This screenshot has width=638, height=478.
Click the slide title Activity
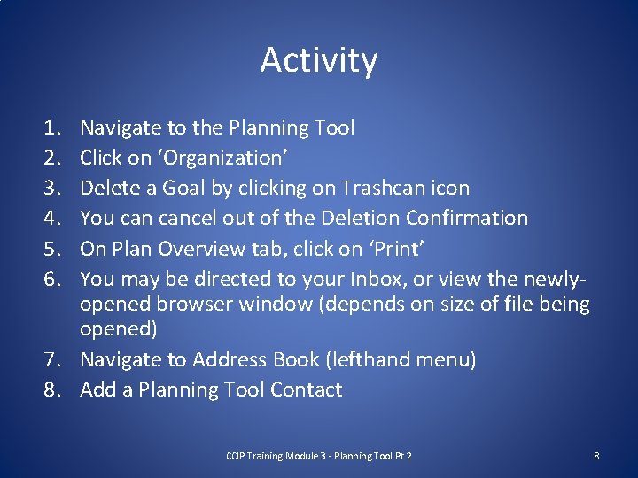click(x=319, y=60)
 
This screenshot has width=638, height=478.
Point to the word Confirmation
click(x=467, y=218)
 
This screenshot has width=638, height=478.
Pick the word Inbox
click(x=404, y=278)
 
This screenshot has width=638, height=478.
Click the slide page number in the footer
click(x=596, y=456)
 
